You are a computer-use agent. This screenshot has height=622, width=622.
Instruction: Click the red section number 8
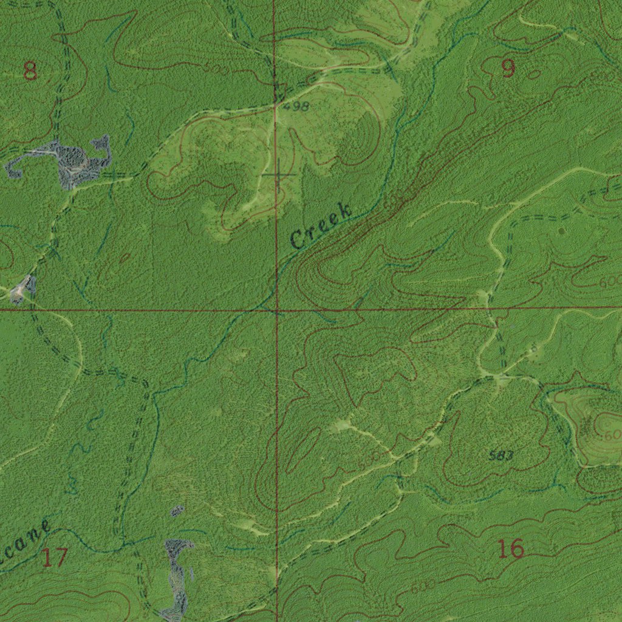click(x=30, y=72)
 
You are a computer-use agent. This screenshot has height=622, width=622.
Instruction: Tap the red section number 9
click(x=508, y=69)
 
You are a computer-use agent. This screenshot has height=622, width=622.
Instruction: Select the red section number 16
click(x=510, y=549)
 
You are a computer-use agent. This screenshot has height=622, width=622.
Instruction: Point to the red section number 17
click(x=54, y=557)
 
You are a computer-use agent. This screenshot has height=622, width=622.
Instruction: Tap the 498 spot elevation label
click(x=296, y=107)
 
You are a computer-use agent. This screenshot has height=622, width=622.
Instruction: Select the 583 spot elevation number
click(x=501, y=456)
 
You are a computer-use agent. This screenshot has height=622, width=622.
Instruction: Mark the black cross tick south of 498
click(x=278, y=176)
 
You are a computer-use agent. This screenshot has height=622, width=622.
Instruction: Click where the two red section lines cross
click(x=276, y=310)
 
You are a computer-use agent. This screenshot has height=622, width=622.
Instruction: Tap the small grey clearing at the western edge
click(x=22, y=288)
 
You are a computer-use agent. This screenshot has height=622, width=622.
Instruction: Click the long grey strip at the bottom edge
click(x=177, y=577)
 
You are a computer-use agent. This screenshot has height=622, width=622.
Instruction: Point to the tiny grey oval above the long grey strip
click(x=177, y=511)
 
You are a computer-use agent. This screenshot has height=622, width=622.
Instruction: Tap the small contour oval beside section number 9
click(x=535, y=74)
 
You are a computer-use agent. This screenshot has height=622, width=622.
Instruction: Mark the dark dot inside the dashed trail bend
click(x=561, y=231)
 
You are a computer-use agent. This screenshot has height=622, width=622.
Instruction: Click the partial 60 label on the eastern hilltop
click(x=610, y=434)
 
